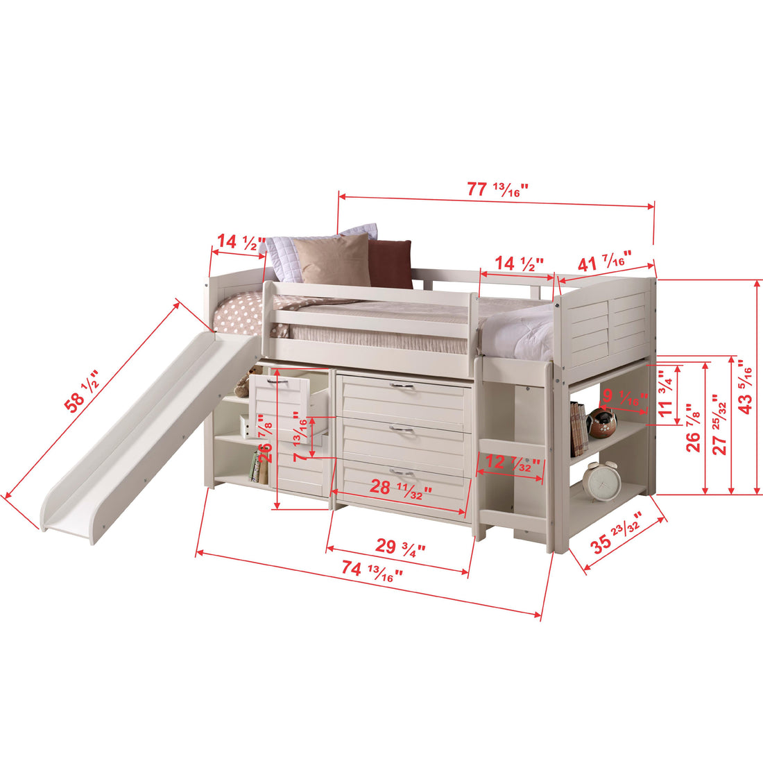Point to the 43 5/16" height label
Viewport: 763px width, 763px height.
click(x=745, y=387)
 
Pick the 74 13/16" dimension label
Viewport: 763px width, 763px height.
click(x=372, y=570)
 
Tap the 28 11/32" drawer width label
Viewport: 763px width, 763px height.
click(x=401, y=488)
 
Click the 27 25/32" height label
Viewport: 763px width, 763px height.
click(x=719, y=425)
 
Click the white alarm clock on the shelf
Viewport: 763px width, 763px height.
click(x=600, y=479)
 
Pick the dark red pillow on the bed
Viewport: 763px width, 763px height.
click(x=390, y=264)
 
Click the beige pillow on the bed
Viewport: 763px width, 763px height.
click(x=334, y=259)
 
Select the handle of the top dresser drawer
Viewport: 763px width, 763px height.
click(x=401, y=386)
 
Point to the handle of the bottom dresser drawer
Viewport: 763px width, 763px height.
click(x=401, y=473)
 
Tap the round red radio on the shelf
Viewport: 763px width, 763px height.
click(x=601, y=423)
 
